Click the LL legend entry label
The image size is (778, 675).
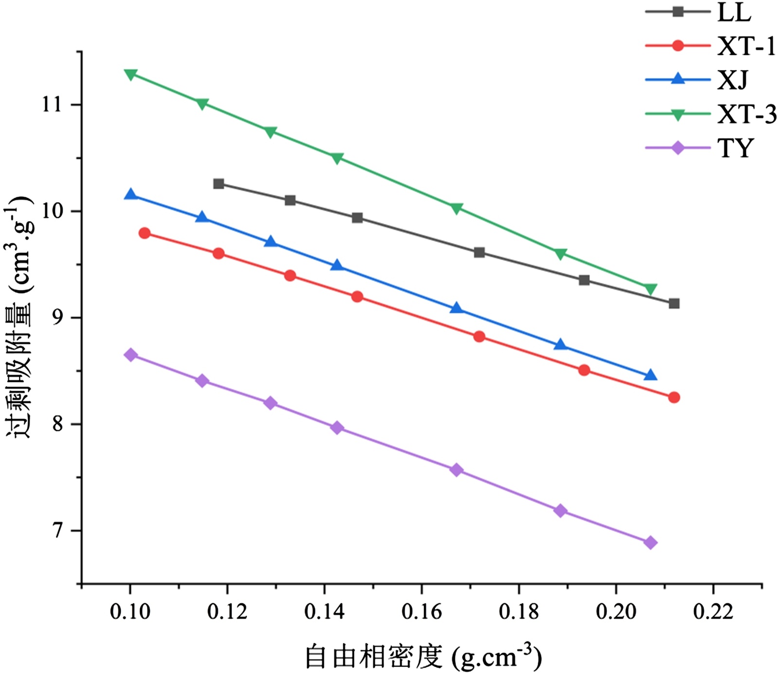tap(734, 12)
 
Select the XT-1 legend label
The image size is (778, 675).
tap(746, 47)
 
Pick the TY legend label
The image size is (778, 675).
tap(736, 148)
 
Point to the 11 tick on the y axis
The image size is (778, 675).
tap(53, 105)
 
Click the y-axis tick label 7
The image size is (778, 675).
tap(58, 531)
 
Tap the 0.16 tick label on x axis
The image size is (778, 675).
tap(422, 612)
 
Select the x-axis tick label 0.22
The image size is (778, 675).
tap(713, 612)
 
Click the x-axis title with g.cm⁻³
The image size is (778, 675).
tap(423, 657)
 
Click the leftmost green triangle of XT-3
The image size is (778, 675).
tap(130, 74)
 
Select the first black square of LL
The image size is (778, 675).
tap(218, 184)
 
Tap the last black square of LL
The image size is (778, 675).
tap(674, 303)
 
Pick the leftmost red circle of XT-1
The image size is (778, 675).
tap(144, 233)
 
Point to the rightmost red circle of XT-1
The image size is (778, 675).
tap(674, 397)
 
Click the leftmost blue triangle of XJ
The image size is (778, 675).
tap(130, 195)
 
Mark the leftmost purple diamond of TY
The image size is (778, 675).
tap(130, 355)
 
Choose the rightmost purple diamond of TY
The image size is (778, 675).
tap(651, 543)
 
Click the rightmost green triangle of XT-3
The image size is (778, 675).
tap(651, 289)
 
